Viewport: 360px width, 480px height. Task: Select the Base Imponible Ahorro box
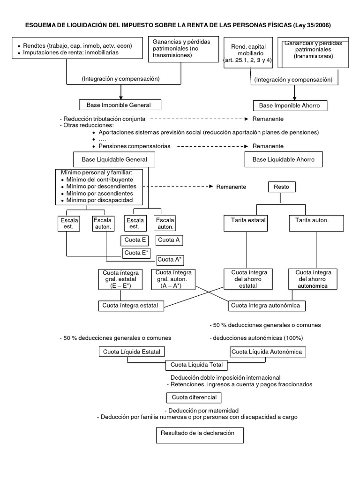(289, 105)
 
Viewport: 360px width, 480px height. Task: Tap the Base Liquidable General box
(114, 159)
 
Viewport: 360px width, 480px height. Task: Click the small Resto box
(281, 187)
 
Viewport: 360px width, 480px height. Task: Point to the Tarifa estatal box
(248, 220)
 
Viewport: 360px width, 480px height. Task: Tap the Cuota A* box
(170, 259)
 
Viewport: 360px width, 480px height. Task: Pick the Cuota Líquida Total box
(196, 365)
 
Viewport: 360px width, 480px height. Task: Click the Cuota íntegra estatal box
(131, 306)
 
